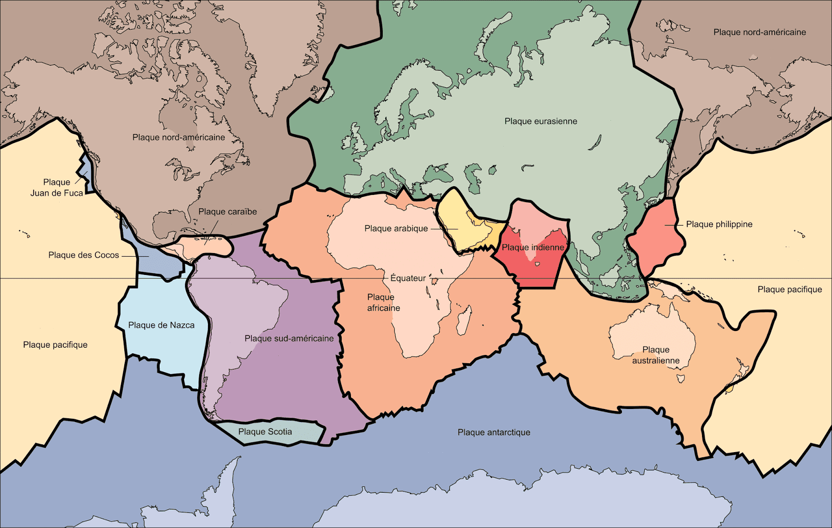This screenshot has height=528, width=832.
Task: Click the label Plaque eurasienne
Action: (541, 121)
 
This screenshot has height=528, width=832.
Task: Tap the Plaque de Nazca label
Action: (161, 325)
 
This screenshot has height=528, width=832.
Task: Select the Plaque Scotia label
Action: (265, 432)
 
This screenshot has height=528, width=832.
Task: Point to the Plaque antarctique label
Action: (494, 432)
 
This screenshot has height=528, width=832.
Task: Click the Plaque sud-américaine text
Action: (289, 338)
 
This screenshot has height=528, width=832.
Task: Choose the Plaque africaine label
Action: (384, 302)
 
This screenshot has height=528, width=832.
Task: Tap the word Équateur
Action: (408, 278)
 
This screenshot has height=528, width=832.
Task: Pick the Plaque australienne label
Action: (656, 355)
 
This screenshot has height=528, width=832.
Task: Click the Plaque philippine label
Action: (719, 224)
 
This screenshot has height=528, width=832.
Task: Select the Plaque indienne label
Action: (533, 247)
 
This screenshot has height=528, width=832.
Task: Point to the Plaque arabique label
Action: (396, 229)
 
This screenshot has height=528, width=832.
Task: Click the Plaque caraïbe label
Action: (228, 212)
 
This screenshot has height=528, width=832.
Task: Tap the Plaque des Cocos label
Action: (84, 255)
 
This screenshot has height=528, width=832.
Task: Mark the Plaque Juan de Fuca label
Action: (57, 188)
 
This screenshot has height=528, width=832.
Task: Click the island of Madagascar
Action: (463, 320)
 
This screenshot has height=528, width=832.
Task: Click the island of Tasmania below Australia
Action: (681, 378)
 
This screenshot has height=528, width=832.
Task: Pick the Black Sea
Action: (435, 172)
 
